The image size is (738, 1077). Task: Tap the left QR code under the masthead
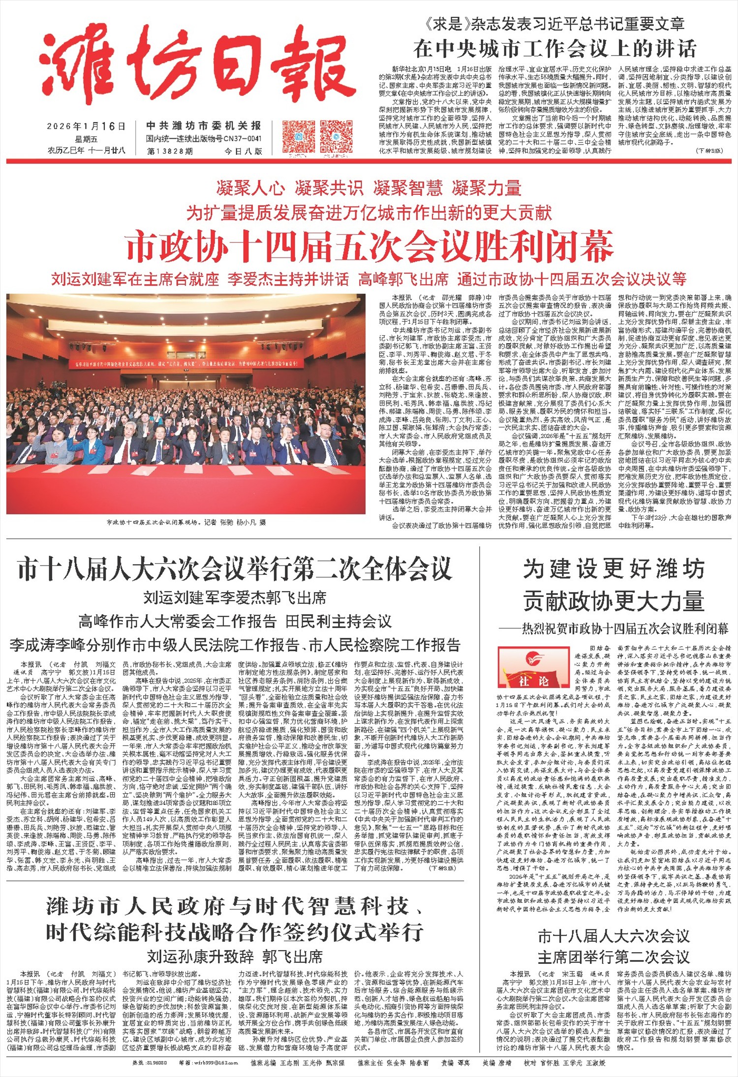(x=299, y=136)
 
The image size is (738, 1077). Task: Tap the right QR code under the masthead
(x=337, y=136)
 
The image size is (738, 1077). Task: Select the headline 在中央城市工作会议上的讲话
(x=554, y=49)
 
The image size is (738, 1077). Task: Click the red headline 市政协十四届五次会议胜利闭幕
(x=369, y=247)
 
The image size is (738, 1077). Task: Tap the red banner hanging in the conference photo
(x=186, y=364)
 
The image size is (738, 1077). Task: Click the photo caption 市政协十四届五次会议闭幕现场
(x=186, y=522)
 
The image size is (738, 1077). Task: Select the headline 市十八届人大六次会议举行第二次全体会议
(x=235, y=569)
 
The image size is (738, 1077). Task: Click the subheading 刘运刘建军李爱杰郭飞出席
(x=235, y=598)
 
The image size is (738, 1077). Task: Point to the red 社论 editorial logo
(x=533, y=667)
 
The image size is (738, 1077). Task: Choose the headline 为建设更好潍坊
(x=614, y=569)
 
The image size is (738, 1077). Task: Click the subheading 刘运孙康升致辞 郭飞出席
(x=235, y=957)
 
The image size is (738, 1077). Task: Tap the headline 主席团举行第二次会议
(x=614, y=957)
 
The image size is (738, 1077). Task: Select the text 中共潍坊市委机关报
(x=204, y=126)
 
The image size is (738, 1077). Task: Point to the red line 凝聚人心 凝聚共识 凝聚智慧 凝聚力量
(x=369, y=188)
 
